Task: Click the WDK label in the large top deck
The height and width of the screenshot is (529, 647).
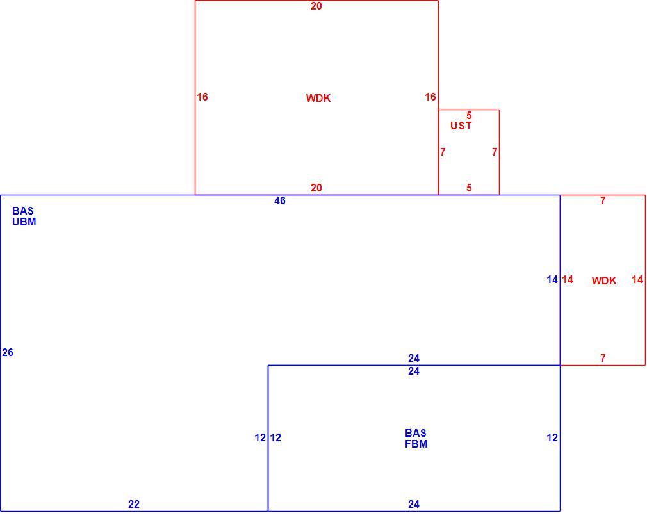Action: pyautogui.click(x=318, y=98)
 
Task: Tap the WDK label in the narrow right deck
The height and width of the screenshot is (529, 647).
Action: pyautogui.click(x=603, y=281)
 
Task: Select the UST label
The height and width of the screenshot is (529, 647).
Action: pyautogui.click(x=461, y=126)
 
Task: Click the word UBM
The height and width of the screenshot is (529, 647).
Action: pyautogui.click(x=24, y=222)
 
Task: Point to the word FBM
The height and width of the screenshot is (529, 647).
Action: pyautogui.click(x=416, y=444)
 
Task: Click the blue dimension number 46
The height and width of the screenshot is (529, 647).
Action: pyautogui.click(x=280, y=201)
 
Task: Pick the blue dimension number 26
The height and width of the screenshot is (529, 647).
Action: pyautogui.click(x=8, y=352)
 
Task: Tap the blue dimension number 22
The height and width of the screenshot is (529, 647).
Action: pyautogui.click(x=134, y=504)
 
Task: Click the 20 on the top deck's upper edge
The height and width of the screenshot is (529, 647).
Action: pyautogui.click(x=316, y=6)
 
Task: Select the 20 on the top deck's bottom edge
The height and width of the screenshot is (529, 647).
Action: pyautogui.click(x=316, y=188)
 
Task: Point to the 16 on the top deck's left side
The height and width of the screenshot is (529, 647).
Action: pyautogui.click(x=202, y=97)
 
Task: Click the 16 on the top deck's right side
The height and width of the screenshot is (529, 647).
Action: pyautogui.click(x=430, y=97)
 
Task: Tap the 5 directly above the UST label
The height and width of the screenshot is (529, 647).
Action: pyautogui.click(x=469, y=115)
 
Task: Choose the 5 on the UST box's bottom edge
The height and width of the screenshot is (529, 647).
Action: pyautogui.click(x=469, y=188)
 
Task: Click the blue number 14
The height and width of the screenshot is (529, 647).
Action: pyautogui.click(x=552, y=280)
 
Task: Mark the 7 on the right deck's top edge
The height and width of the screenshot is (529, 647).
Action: pyautogui.click(x=603, y=201)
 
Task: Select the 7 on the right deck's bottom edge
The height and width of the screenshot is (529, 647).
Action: pyautogui.click(x=603, y=359)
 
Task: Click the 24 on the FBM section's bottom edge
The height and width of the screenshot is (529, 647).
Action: pyautogui.click(x=414, y=504)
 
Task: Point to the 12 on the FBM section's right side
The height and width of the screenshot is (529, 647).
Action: pyautogui.click(x=552, y=438)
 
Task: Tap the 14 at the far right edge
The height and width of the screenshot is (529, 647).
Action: pyautogui.click(x=637, y=280)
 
